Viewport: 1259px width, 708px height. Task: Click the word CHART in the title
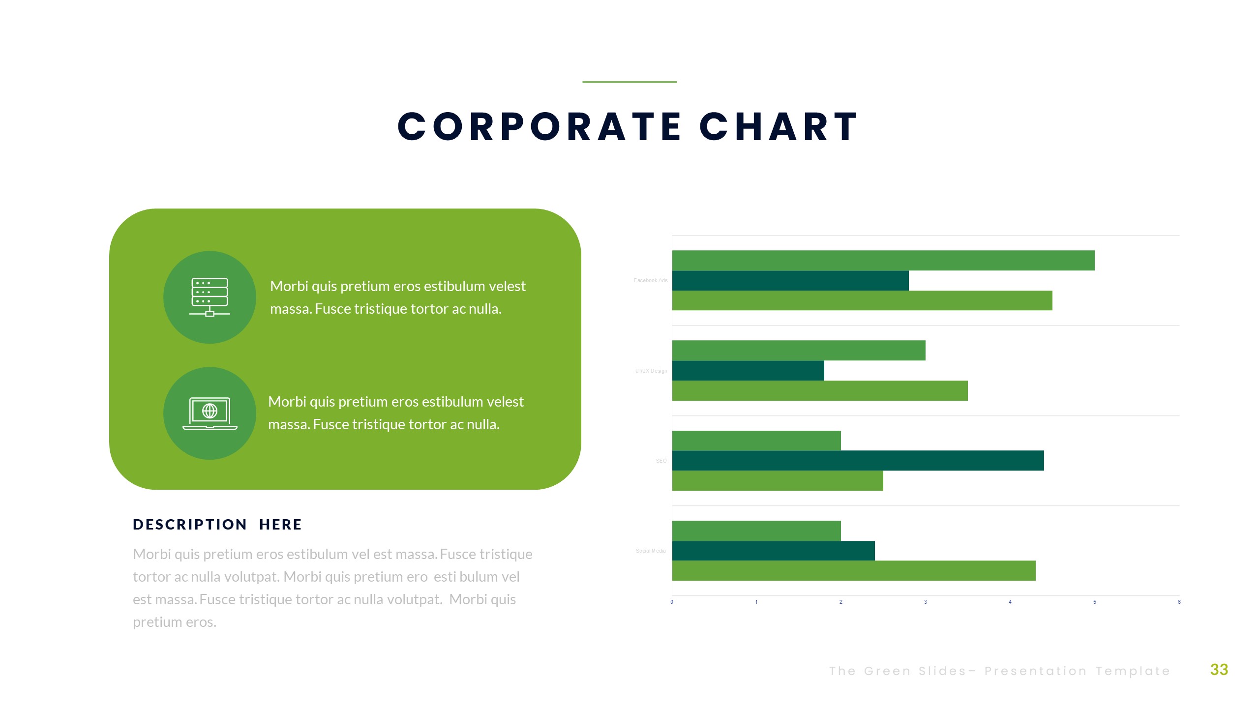click(x=779, y=127)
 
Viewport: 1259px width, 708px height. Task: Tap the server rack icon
click(x=210, y=297)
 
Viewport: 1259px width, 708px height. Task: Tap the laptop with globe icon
click(x=210, y=413)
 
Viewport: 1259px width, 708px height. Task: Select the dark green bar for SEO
click(x=858, y=461)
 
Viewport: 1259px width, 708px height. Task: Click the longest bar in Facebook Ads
click(x=883, y=261)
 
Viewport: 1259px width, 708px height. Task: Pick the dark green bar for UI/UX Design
click(x=748, y=371)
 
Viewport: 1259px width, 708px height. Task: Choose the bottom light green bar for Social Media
click(x=854, y=571)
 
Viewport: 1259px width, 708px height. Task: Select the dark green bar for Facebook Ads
click(x=790, y=281)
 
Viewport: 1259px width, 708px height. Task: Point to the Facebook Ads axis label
click(x=651, y=281)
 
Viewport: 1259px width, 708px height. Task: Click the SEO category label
click(x=661, y=461)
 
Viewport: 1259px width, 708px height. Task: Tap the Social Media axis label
click(x=651, y=551)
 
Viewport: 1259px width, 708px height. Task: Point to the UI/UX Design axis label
click(x=651, y=371)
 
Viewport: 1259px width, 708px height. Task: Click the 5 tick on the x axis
click(x=1095, y=602)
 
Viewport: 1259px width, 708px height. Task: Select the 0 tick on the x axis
click(x=672, y=602)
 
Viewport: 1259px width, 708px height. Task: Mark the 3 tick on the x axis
click(x=926, y=602)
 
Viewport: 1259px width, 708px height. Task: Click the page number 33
click(x=1219, y=670)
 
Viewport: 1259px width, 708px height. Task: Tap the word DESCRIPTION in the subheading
click(x=190, y=525)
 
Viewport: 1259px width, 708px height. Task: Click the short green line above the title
click(x=629, y=82)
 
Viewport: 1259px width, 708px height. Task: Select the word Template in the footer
click(x=1133, y=671)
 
